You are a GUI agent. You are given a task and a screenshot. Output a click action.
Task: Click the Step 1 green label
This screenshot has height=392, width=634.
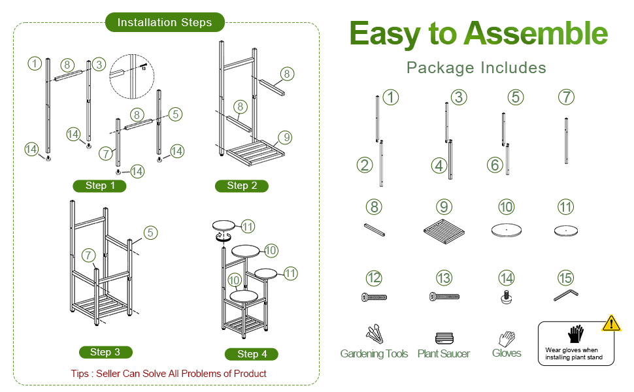pyautogui.click(x=99, y=186)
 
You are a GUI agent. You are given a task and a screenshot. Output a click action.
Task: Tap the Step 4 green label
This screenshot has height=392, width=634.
pyautogui.click(x=252, y=354)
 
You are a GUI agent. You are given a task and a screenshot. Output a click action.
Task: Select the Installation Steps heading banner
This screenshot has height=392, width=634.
pyautogui.click(x=165, y=22)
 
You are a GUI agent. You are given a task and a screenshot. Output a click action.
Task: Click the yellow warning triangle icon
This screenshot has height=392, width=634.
pyautogui.click(x=611, y=323)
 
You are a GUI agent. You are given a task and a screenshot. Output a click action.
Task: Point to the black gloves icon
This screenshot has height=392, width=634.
pyautogui.click(x=575, y=335)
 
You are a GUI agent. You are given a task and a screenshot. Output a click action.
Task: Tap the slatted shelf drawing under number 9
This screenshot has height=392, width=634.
pyautogui.click(x=444, y=233)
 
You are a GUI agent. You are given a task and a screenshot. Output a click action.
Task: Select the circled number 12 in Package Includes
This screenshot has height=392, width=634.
pyautogui.click(x=373, y=278)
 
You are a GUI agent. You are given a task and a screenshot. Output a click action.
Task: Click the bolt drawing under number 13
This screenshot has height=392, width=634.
pyautogui.click(x=444, y=297)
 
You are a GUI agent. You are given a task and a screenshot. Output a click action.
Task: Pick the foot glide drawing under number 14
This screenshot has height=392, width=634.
pyautogui.click(x=506, y=298)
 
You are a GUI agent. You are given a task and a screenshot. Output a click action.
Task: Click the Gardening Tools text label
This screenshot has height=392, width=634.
pyautogui.click(x=374, y=353)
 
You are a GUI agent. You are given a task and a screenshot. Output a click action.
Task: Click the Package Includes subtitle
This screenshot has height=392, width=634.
pyautogui.click(x=476, y=67)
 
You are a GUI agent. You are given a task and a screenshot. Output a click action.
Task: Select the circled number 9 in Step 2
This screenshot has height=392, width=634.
pyautogui.click(x=284, y=137)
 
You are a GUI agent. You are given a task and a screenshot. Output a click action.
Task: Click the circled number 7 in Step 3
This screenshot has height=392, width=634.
pyautogui.click(x=88, y=254)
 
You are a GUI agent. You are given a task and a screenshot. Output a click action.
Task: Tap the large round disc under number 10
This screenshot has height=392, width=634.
pyautogui.click(x=506, y=231)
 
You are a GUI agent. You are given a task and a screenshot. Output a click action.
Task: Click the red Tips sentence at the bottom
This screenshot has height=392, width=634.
pyautogui.click(x=169, y=374)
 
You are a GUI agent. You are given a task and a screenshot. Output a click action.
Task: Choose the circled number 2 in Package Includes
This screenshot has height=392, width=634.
pyautogui.click(x=365, y=165)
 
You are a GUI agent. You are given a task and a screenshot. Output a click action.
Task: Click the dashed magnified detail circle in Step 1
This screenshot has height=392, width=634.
pyautogui.click(x=131, y=74)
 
